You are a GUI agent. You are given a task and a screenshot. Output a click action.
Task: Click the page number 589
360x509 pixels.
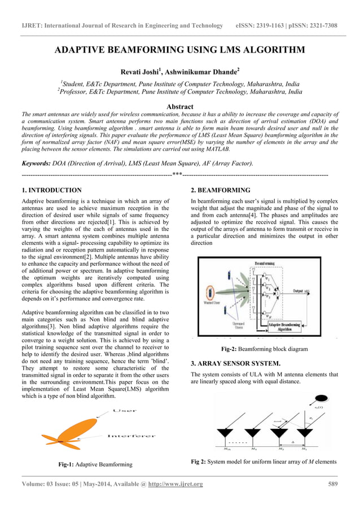click(332, 484)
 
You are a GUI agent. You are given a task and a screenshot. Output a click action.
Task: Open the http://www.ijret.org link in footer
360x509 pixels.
click(175, 484)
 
